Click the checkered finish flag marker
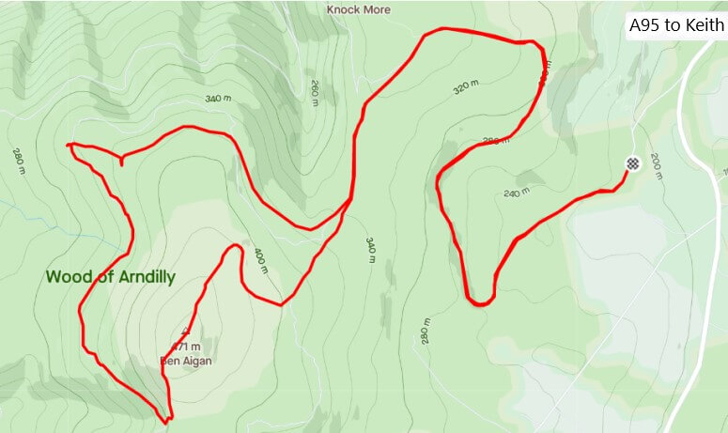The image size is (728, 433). (633, 163)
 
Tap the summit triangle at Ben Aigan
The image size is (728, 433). (185, 332)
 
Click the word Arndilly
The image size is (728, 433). (145, 277)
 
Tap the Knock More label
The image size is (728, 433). (358, 9)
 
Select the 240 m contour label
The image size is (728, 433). (518, 194)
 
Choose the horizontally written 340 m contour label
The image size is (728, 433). (217, 99)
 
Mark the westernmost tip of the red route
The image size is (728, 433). (69, 146)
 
